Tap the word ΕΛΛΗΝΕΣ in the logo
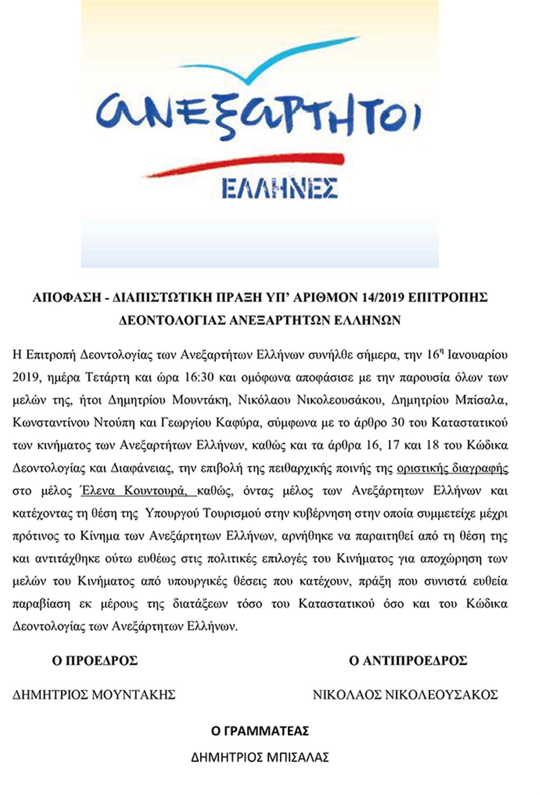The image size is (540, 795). pyautogui.click(x=279, y=188)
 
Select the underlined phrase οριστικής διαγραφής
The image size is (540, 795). pyautogui.click(x=452, y=467)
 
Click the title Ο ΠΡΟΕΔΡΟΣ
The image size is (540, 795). pyautogui.click(x=95, y=660)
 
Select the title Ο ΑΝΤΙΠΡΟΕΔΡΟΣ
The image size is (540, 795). pyautogui.click(x=407, y=660)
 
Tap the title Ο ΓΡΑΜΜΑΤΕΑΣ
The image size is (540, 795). pyautogui.click(x=260, y=731)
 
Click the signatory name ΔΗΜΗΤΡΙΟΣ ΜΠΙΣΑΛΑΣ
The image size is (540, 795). pyautogui.click(x=260, y=757)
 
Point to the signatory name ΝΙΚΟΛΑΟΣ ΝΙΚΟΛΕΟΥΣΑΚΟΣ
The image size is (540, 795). pyautogui.click(x=405, y=694)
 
